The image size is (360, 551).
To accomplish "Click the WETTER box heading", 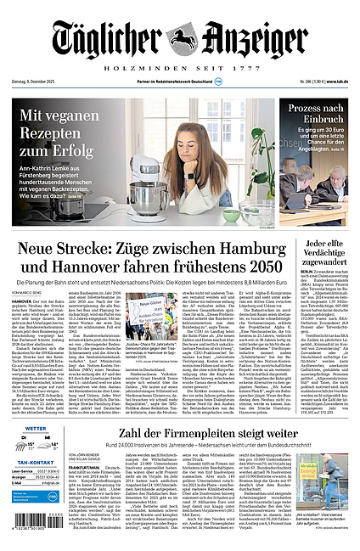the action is tap(34, 429).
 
